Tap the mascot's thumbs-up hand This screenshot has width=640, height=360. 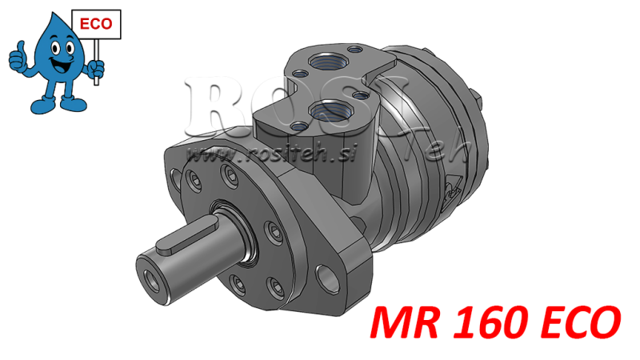[18, 58]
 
